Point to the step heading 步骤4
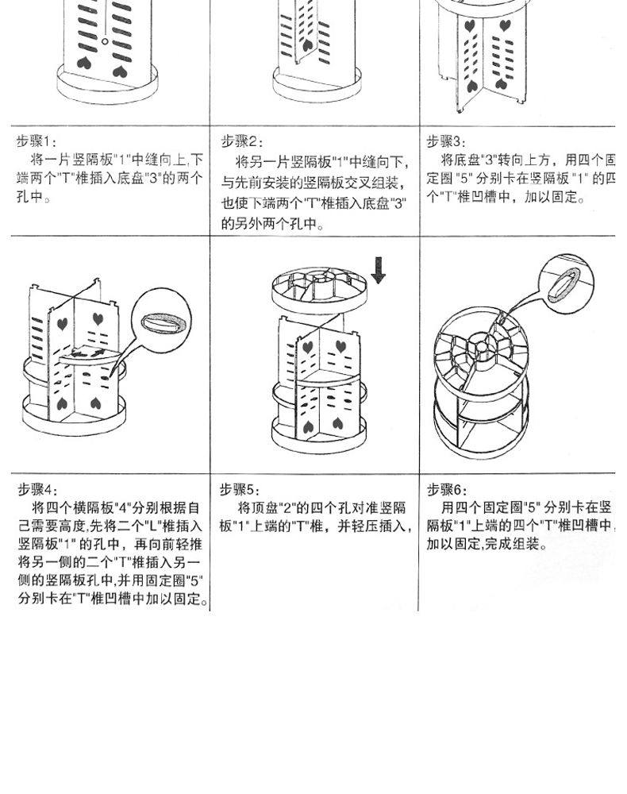[38, 488]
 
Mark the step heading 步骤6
[448, 488]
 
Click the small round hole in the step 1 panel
[104, 40]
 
